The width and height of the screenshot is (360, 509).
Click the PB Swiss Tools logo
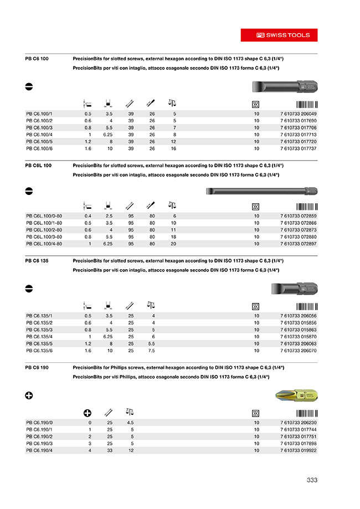(279, 34)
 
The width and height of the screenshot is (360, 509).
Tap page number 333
(312, 480)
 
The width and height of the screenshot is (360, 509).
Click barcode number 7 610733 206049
(298, 113)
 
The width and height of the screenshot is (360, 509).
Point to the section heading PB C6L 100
(39, 165)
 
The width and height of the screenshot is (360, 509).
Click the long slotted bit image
(260, 192)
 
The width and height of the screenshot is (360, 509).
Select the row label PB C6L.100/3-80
(44, 236)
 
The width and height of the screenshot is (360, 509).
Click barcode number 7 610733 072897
(298, 243)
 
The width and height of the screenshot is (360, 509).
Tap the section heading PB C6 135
(38, 260)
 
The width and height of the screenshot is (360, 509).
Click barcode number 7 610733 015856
(298, 322)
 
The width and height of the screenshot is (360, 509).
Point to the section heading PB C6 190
(38, 368)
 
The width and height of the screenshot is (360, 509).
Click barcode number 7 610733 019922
(298, 450)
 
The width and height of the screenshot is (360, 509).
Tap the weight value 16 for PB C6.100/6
(173, 148)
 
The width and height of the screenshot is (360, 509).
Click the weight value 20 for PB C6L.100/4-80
(173, 243)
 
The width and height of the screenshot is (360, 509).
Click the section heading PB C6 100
(38, 58)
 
